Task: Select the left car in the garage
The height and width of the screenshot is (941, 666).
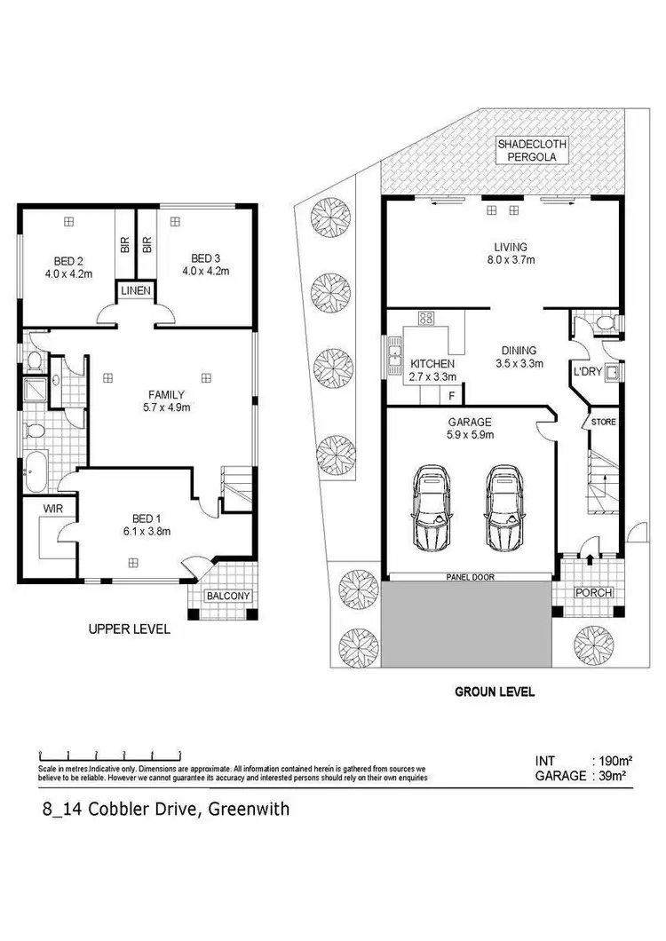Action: [x=432, y=509]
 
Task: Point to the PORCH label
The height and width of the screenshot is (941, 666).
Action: [x=587, y=593]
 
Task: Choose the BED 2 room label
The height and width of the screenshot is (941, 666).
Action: [x=68, y=266]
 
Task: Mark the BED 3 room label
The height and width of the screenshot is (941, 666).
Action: [x=206, y=266]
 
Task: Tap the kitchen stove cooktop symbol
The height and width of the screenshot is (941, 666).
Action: [x=425, y=320]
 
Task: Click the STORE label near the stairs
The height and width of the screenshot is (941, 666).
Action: [x=603, y=422]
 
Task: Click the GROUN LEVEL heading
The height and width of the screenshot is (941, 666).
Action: [x=494, y=692]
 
